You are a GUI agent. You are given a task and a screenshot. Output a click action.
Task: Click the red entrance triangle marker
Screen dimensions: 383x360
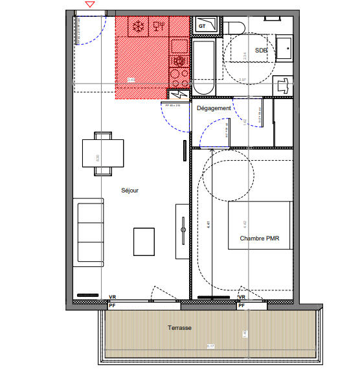pyautogui.click(x=90, y=5)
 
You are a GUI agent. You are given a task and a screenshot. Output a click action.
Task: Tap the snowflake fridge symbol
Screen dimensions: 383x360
pyautogui.click(x=137, y=27)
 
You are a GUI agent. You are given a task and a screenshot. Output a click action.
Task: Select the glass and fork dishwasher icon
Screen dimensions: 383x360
pyautogui.click(x=158, y=27)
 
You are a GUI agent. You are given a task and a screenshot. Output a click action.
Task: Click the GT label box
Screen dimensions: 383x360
pyautogui.click(x=202, y=26)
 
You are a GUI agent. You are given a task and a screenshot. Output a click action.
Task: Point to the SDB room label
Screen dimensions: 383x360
pyautogui.click(x=261, y=50)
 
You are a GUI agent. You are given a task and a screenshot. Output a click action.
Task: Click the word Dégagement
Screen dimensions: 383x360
pyautogui.click(x=214, y=108)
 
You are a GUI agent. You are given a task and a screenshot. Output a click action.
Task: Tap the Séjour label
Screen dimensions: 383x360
pyautogui.click(x=130, y=191)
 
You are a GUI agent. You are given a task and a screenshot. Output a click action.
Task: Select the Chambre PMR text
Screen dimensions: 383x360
pyautogui.click(x=260, y=238)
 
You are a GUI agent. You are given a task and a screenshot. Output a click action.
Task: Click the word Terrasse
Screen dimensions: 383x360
pyautogui.click(x=179, y=328)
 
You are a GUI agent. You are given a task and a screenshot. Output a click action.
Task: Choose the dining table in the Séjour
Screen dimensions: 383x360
pyautogui.click(x=103, y=154)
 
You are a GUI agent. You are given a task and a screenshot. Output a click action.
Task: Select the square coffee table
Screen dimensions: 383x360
pyautogui.click(x=144, y=241)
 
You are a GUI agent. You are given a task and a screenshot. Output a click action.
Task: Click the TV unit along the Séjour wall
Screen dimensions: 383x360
pyautogui.click(x=181, y=231)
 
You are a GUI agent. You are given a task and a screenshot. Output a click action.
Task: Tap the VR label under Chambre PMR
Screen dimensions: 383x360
pyautogui.click(x=242, y=297)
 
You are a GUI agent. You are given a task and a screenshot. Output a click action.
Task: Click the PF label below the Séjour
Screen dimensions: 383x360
pyautogui.click(x=112, y=305)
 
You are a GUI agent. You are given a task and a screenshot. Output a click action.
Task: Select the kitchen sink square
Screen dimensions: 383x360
pyautogui.click(x=179, y=47)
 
